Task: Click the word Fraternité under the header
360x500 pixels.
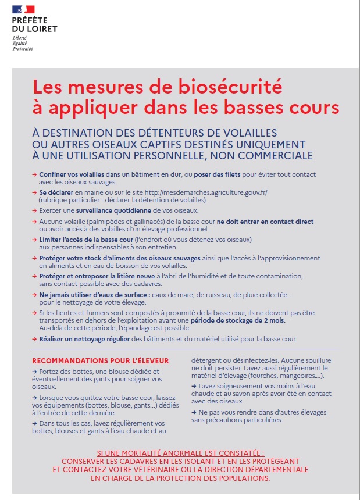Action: pyautogui.click(x=23, y=49)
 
